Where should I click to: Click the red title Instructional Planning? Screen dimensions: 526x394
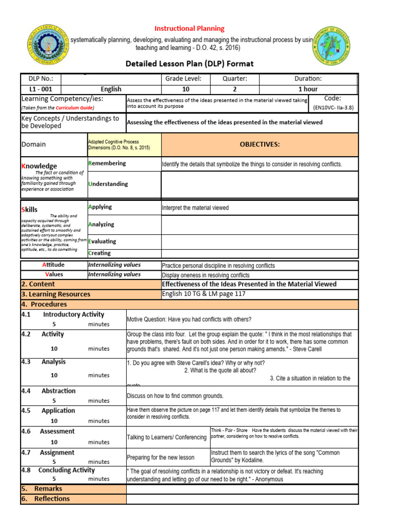190,29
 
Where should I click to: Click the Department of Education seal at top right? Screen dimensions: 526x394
331,47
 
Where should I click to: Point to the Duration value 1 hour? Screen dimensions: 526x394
308,89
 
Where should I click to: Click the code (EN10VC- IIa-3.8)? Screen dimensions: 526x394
333,108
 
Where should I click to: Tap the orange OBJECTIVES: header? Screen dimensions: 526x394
260,144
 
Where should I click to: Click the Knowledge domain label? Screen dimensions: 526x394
39,166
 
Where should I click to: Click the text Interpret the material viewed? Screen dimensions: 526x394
195,208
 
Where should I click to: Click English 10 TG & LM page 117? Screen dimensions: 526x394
204,294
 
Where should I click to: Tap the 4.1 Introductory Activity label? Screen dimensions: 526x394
63,314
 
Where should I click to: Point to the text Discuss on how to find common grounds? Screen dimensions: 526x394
175,396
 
